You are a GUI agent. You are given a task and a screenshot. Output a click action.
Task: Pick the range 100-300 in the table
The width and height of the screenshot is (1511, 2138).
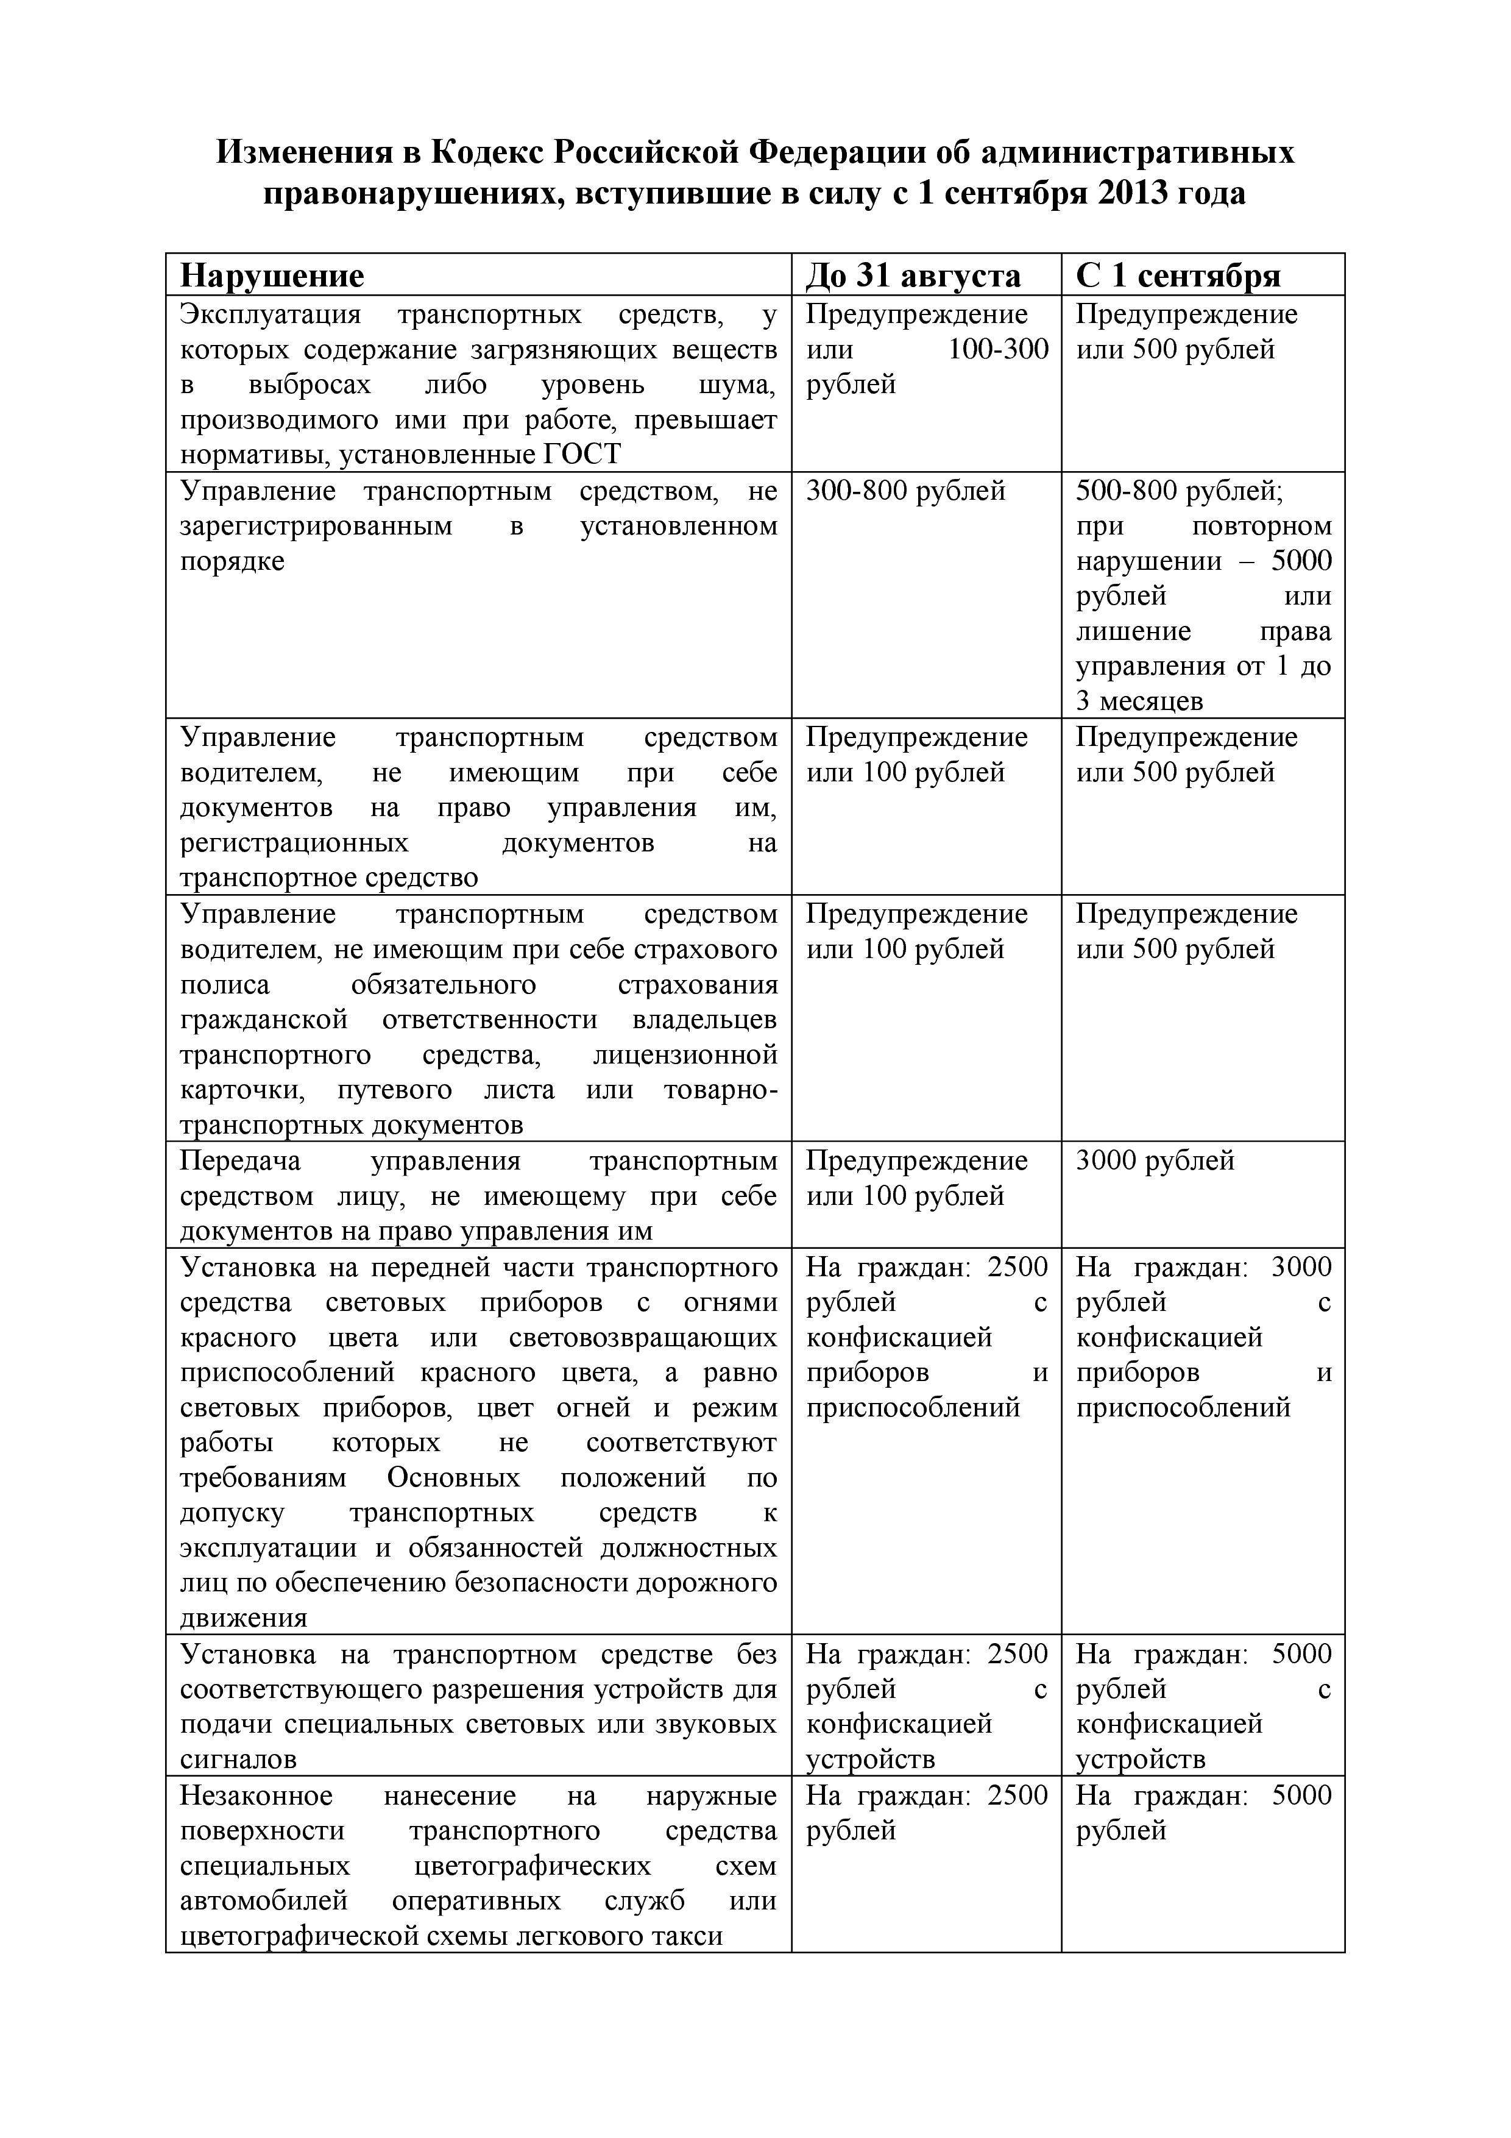[x=997, y=350]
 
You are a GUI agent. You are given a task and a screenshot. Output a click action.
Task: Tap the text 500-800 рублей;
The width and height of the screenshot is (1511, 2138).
[x=1178, y=491]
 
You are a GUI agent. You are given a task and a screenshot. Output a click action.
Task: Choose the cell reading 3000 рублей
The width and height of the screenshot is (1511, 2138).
[x=1155, y=1161]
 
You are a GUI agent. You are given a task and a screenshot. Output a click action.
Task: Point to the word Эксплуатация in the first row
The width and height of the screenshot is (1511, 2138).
[x=270, y=314]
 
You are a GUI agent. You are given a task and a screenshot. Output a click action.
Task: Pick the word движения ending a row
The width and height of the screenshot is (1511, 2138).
[x=243, y=1618]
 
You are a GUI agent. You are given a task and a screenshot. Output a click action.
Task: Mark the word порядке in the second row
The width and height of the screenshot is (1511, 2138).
[x=232, y=561]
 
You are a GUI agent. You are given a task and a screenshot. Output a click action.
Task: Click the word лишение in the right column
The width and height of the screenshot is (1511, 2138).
[x=1133, y=631]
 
